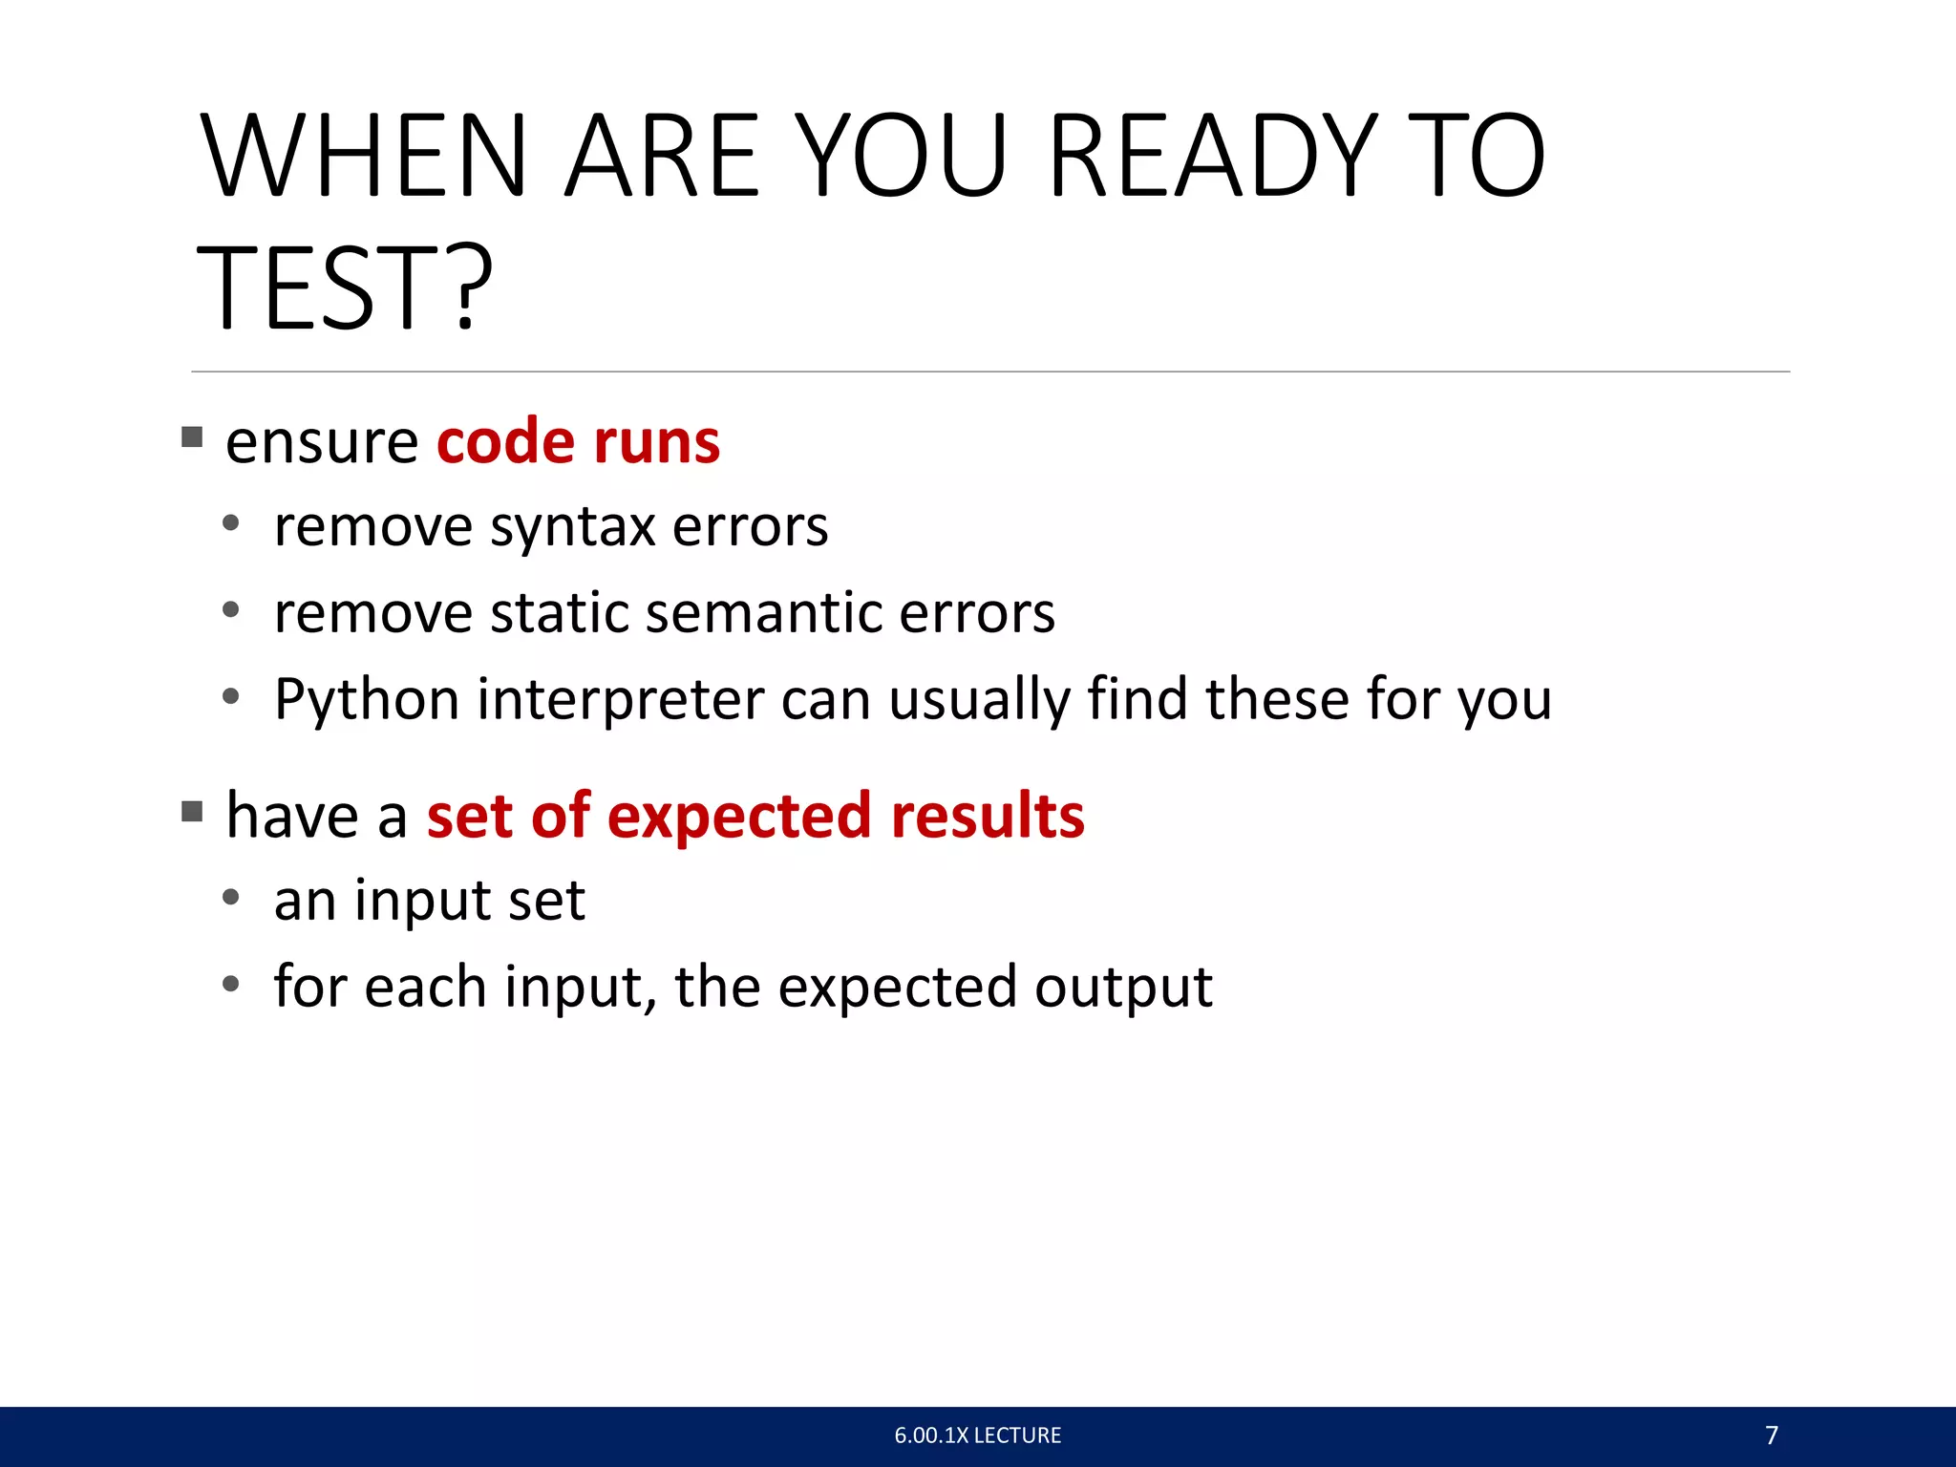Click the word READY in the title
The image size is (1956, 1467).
[1213, 158]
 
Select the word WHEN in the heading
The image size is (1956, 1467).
[363, 158]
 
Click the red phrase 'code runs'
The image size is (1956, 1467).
[578, 442]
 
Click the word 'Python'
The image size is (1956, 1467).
[367, 700]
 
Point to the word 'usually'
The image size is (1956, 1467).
[980, 700]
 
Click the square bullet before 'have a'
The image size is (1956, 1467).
[192, 812]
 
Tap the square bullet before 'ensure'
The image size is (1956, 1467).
[192, 437]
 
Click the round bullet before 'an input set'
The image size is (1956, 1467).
[230, 898]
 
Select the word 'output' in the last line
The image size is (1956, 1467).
[1123, 988]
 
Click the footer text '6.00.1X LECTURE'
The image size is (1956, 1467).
[977, 1435]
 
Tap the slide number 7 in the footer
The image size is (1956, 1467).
[1772, 1435]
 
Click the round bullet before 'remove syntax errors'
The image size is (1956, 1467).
[230, 523]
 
